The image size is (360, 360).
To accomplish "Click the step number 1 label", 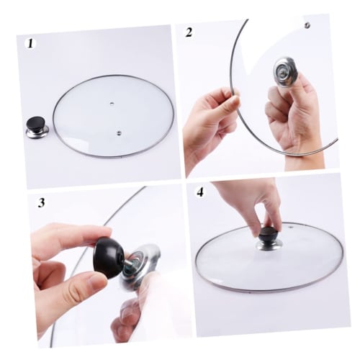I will click(x=30, y=43).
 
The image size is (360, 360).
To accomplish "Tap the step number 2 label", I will click(x=189, y=32).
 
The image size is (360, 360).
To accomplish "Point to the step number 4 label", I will click(x=200, y=194).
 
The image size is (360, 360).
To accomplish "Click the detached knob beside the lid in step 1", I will click(x=35, y=127).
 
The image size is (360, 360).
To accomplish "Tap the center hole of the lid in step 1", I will click(x=113, y=105).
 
